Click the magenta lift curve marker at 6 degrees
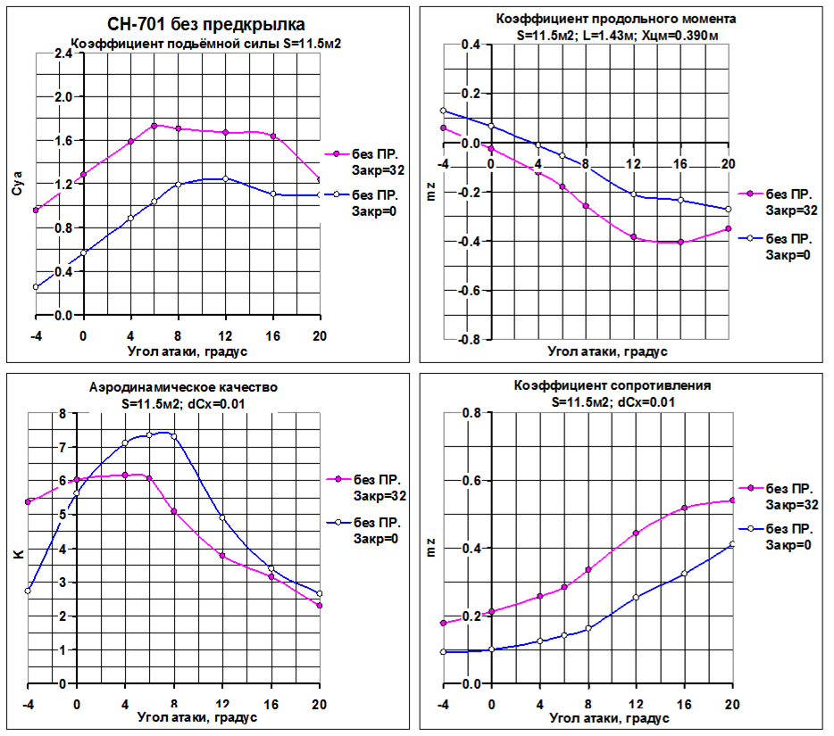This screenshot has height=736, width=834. [x=154, y=126]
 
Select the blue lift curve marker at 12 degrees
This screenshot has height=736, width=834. [x=225, y=178]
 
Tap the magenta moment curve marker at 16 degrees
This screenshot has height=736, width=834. [x=680, y=242]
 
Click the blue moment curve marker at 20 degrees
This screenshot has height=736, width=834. [x=729, y=210]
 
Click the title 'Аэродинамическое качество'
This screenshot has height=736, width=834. [x=184, y=387]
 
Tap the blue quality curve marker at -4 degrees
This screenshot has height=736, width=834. [x=29, y=591]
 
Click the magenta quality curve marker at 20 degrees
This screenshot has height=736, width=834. [x=320, y=606]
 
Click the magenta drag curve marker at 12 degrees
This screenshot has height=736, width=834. [x=636, y=533]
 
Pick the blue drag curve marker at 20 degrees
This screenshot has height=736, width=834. [x=732, y=544]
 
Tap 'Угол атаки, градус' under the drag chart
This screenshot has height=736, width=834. [x=607, y=717]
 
